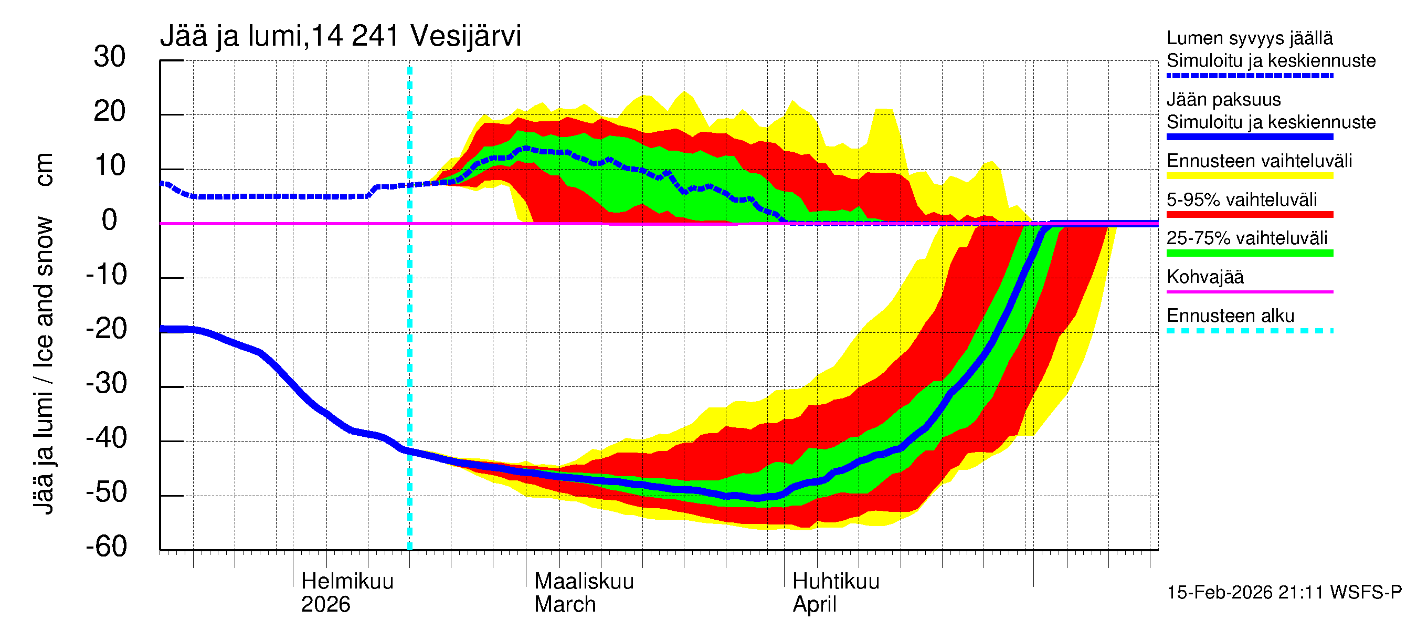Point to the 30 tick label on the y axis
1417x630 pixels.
pos(110,57)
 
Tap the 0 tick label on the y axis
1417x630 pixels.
pos(110,220)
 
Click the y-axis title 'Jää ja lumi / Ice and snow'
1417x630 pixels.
pos(44,365)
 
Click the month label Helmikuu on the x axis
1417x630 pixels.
pos(347,581)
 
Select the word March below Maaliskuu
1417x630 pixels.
pos(565,604)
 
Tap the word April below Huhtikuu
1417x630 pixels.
pos(814,604)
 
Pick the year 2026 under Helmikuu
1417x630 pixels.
pos(325,604)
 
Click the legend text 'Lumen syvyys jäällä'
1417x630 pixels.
pos(1250,38)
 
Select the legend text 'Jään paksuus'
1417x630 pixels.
pos(1224,100)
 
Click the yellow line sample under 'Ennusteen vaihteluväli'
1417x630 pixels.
pos(1250,176)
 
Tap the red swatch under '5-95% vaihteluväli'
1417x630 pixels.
pos(1250,215)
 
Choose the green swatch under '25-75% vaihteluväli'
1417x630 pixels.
pos(1250,253)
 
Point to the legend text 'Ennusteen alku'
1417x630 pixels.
pos(1231,316)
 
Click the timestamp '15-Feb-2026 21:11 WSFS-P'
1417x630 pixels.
pos(1284,593)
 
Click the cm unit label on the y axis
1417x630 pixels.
pos(44,170)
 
